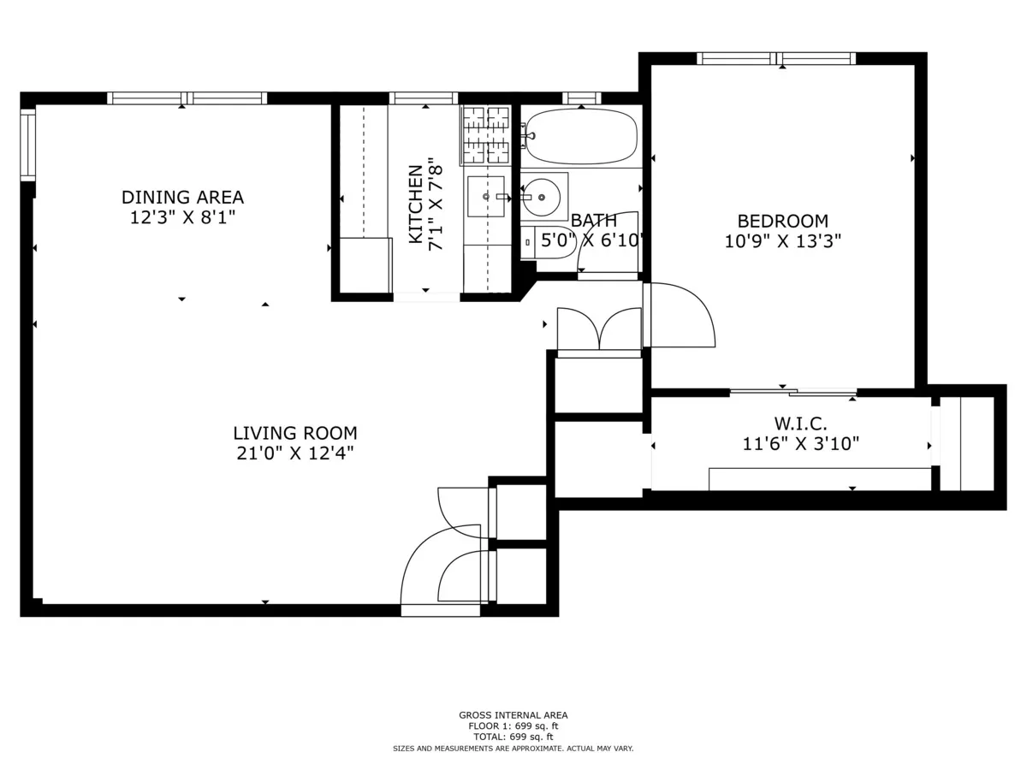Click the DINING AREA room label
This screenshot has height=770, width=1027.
[182, 198]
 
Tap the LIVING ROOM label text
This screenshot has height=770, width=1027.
[295, 433]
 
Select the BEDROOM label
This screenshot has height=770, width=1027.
[782, 221]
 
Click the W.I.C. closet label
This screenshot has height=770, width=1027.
[800, 423]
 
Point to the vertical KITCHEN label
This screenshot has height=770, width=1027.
[415, 204]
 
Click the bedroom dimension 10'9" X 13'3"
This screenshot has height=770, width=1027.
[782, 241]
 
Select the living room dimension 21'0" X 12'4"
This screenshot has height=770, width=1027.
[295, 453]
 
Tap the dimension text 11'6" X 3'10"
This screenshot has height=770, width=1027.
[800, 443]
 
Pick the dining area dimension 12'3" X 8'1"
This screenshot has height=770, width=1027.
[182, 217]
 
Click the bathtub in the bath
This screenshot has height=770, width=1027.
[582, 136]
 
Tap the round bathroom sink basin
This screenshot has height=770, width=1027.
[541, 197]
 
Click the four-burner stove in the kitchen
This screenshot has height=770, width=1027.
[486, 135]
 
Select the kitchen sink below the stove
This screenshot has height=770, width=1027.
[486, 197]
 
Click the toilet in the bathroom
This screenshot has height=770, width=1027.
[555, 241]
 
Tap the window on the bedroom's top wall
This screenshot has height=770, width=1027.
[776, 58]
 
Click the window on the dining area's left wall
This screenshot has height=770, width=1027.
[28, 144]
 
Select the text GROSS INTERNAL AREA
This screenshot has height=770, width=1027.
[513, 715]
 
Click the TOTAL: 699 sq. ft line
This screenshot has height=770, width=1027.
[513, 737]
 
